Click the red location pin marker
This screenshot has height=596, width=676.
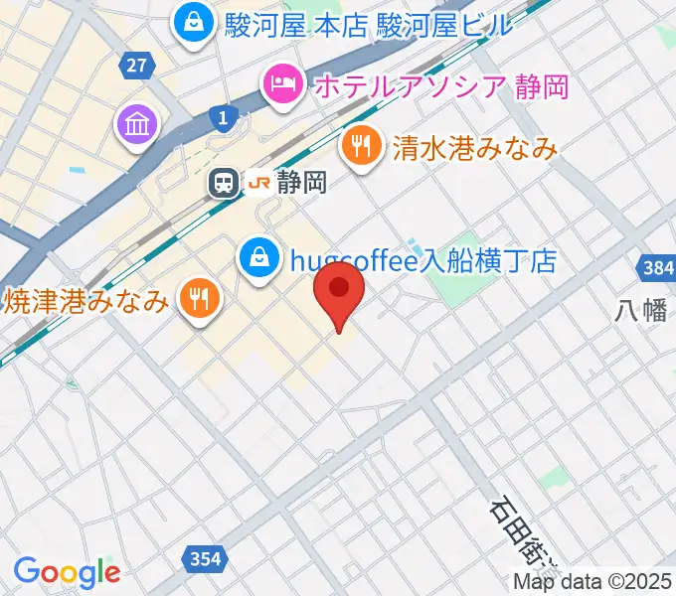point(339,290)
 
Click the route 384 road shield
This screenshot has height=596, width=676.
point(653,268)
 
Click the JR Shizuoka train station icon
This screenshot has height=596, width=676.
point(225,183)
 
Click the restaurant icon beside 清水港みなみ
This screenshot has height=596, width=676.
point(359,148)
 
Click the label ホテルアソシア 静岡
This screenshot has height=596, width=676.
point(440,86)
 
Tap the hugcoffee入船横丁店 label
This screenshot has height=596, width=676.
point(422,261)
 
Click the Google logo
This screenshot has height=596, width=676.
point(66,572)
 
